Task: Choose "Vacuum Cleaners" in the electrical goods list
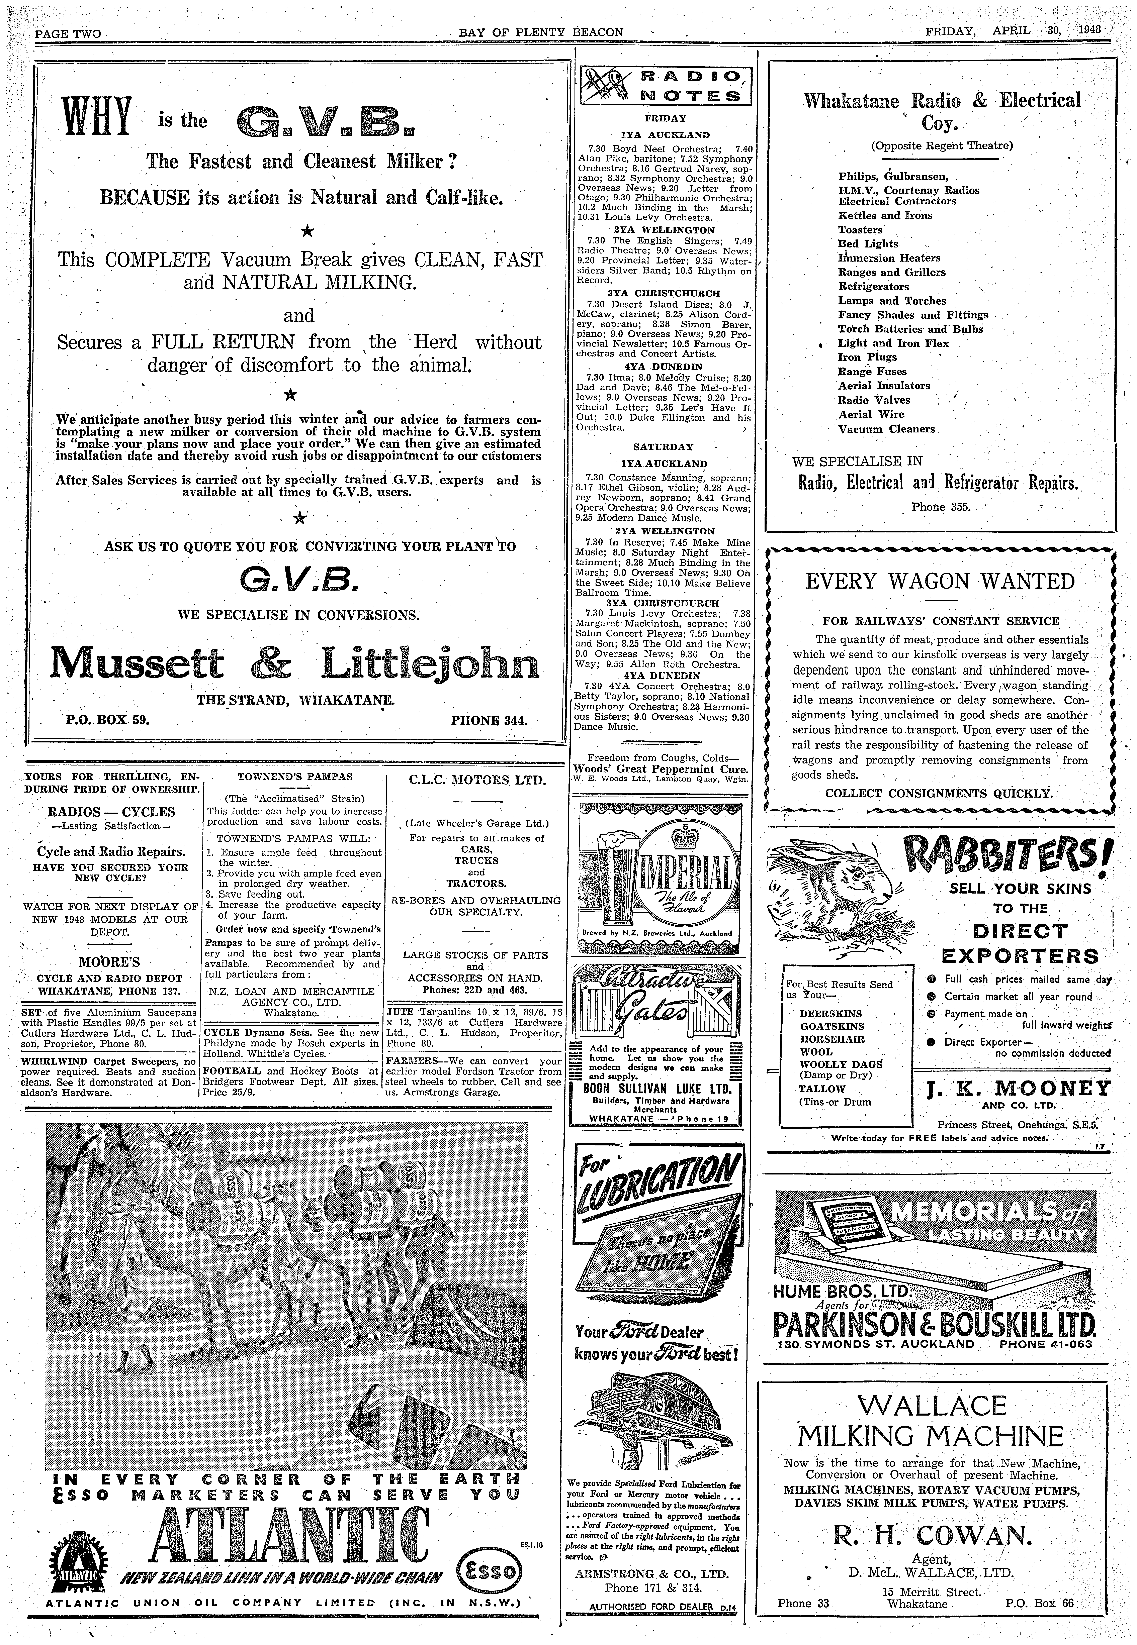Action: click(x=886, y=429)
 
